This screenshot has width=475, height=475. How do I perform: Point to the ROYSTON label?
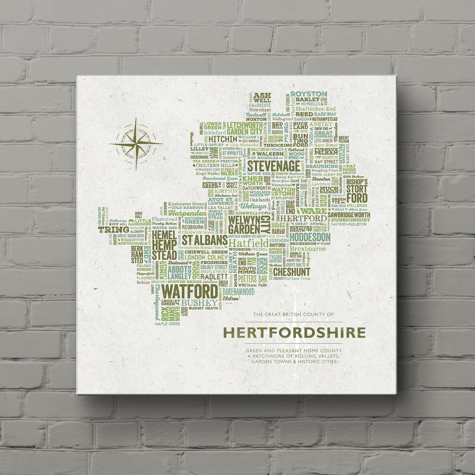point(309,94)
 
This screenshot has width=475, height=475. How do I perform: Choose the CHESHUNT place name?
point(291,272)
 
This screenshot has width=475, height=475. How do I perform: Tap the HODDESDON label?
point(310,237)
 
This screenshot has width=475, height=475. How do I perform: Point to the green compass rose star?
point(136,143)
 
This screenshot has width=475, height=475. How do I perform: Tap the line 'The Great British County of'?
point(293,315)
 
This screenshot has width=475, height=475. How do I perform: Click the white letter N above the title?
point(296,290)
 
